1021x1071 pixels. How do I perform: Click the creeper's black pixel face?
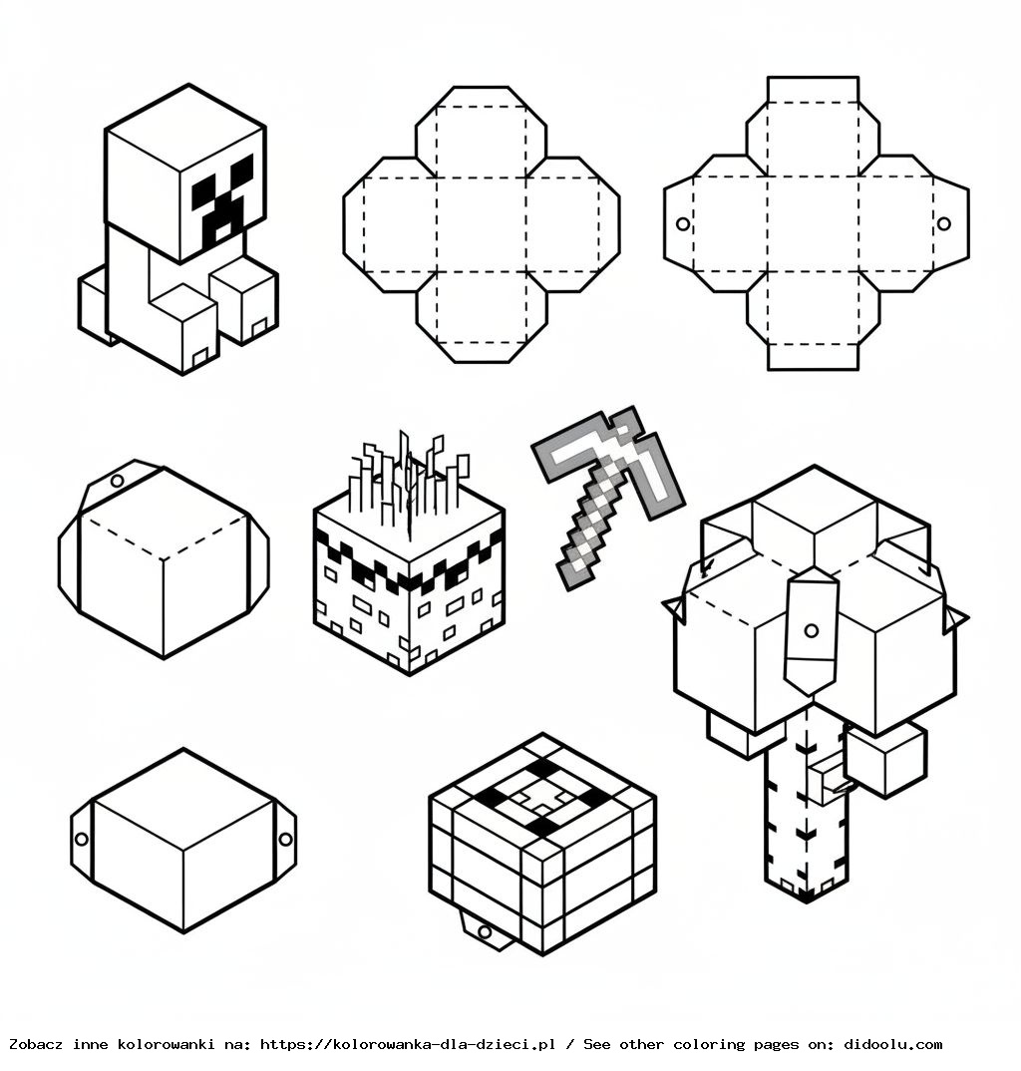223,204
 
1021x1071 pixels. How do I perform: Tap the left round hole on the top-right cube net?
683,223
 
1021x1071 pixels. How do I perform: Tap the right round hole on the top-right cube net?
943,223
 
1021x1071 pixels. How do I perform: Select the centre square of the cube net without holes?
481,224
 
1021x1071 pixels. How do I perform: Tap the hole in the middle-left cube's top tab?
117,481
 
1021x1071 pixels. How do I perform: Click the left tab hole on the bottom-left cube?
82,839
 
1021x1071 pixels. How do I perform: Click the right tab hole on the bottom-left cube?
285,839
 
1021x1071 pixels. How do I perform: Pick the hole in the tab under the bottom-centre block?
485,931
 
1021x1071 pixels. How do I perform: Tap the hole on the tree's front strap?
811,630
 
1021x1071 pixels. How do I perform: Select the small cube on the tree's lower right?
885,758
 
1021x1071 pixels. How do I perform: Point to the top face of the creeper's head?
184,128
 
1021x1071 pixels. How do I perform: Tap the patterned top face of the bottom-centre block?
541,796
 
